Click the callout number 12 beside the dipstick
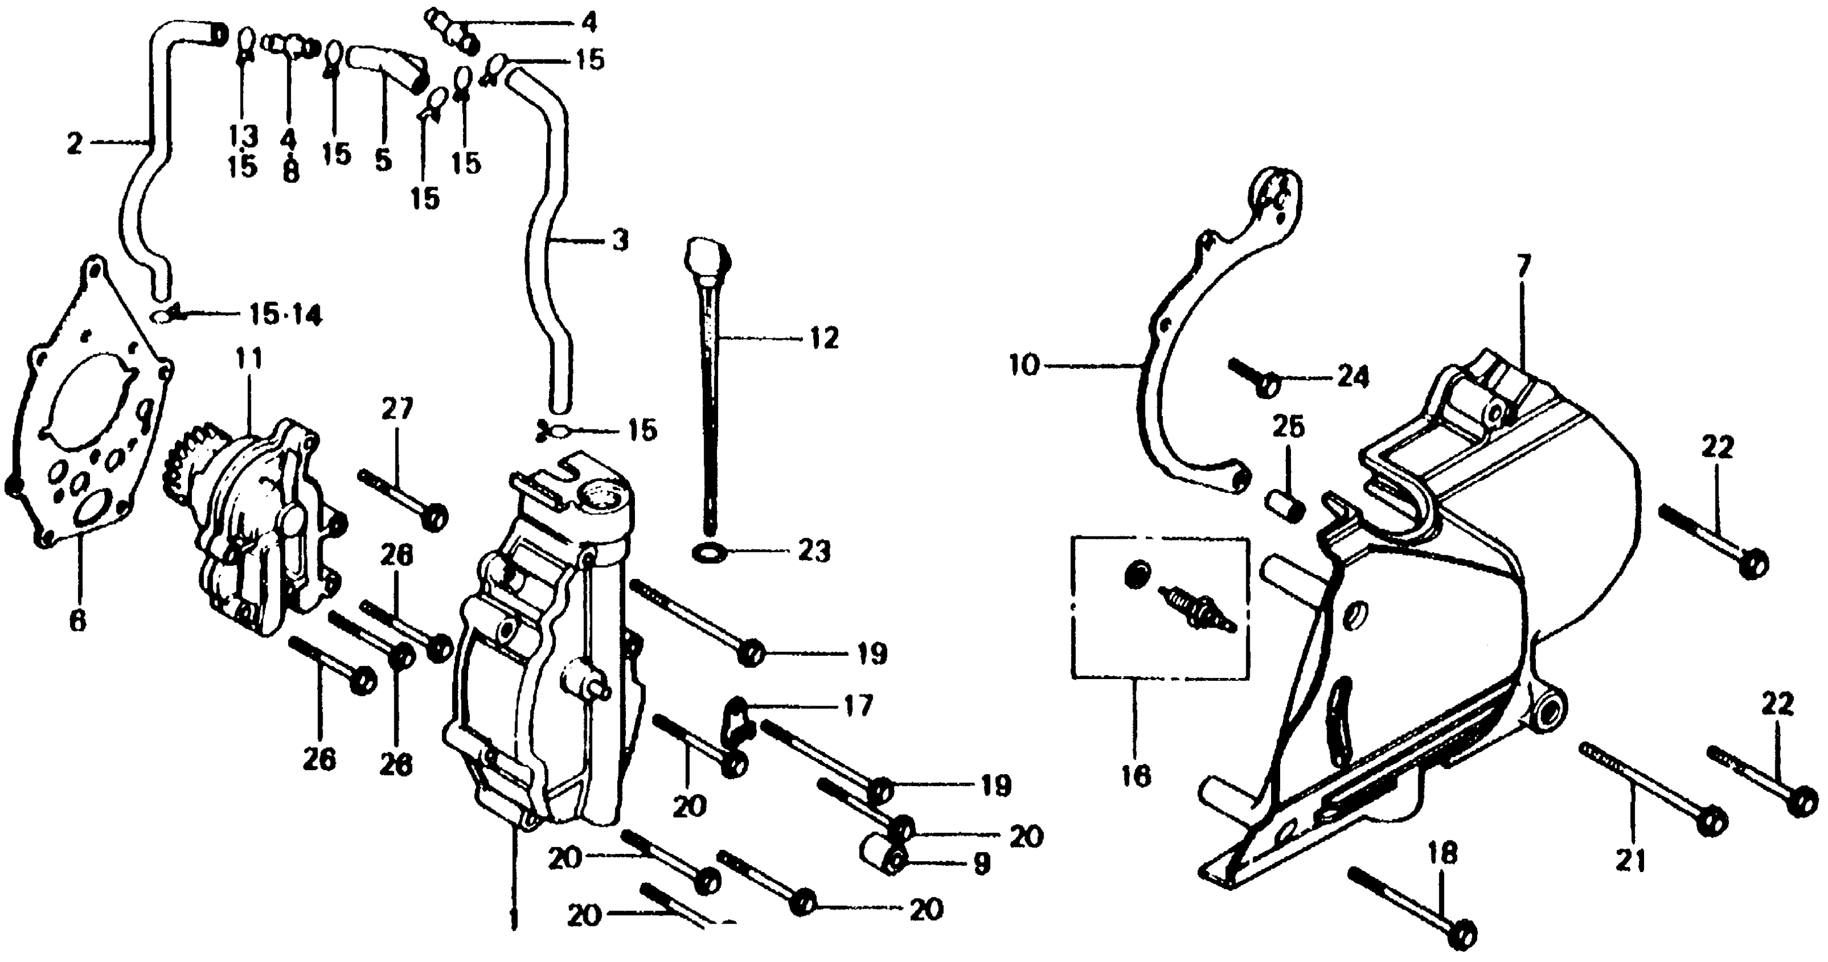click(823, 338)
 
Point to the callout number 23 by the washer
click(813, 551)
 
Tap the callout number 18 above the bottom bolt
click(1443, 854)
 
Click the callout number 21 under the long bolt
click(1630, 861)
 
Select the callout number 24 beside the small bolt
click(1353, 377)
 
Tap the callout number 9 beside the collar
click(981, 864)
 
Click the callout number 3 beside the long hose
click(620, 241)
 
